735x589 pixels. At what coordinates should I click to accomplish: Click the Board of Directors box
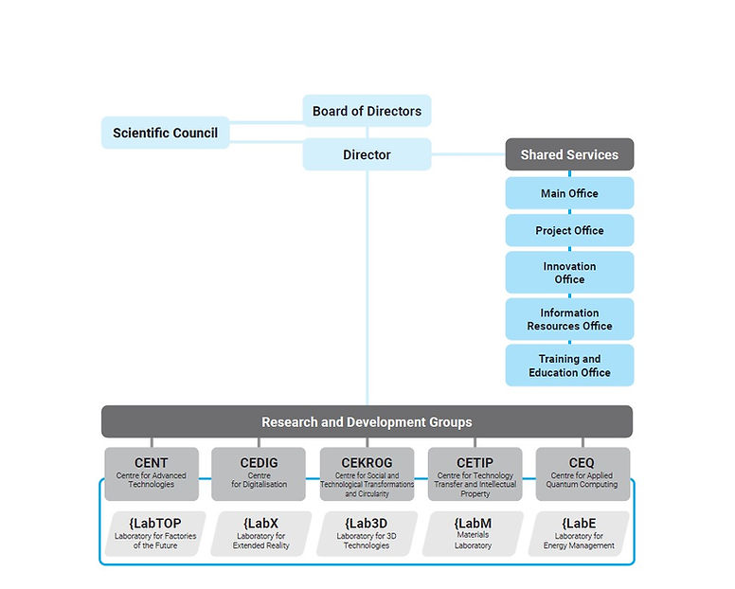(x=367, y=111)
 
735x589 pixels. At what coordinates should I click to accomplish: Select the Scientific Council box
(x=165, y=133)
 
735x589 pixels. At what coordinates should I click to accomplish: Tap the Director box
(x=367, y=154)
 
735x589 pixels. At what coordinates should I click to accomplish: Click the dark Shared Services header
(x=569, y=154)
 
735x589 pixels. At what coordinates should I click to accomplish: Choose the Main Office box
(x=569, y=193)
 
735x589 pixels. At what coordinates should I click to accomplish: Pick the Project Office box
(x=569, y=230)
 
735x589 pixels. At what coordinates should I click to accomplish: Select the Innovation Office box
(x=569, y=272)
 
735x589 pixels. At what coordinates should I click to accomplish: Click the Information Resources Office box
(x=569, y=318)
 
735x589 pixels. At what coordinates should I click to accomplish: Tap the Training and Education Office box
(x=569, y=365)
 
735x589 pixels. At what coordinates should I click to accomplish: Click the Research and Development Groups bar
(x=367, y=421)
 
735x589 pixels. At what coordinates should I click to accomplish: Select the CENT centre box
(x=152, y=473)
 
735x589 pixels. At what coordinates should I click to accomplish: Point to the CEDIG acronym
(x=259, y=462)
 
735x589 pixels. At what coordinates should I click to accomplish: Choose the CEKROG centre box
(x=367, y=473)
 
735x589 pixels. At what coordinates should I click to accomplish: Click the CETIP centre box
(x=475, y=473)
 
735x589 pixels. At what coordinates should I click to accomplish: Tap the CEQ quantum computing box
(x=583, y=473)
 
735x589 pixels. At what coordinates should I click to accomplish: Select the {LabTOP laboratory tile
(x=155, y=534)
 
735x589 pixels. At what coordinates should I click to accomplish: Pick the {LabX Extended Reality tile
(x=261, y=534)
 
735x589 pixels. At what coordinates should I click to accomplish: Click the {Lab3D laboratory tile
(x=367, y=534)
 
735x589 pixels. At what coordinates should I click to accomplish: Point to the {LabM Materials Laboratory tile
(x=473, y=534)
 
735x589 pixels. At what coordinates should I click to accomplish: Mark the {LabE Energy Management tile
(x=579, y=534)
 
